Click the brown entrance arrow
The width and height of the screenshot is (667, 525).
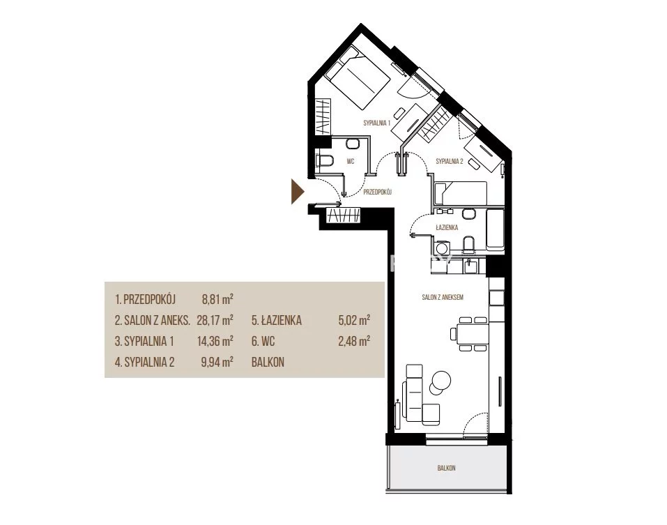(x=297, y=192)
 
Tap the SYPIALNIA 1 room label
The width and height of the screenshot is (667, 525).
(x=376, y=123)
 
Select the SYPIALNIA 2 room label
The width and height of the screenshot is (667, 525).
(x=450, y=161)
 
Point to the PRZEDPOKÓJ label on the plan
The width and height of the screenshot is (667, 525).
(x=377, y=192)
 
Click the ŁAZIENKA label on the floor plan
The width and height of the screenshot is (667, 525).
(x=447, y=227)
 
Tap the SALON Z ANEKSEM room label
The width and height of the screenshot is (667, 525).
(x=443, y=298)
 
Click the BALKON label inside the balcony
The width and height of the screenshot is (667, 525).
(x=446, y=468)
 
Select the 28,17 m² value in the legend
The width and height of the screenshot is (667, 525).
(x=215, y=320)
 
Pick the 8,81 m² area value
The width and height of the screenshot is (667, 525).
(x=217, y=299)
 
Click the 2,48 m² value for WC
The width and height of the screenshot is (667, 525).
(x=354, y=341)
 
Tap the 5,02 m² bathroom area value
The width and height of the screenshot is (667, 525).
(x=354, y=320)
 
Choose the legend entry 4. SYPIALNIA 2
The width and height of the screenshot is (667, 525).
(x=145, y=363)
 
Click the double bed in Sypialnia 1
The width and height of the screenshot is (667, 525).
(x=358, y=79)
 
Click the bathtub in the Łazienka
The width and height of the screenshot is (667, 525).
(x=495, y=229)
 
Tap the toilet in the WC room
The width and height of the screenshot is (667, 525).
(x=325, y=161)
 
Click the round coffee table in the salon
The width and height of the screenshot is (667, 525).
(x=440, y=379)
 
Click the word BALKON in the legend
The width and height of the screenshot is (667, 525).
(x=268, y=363)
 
